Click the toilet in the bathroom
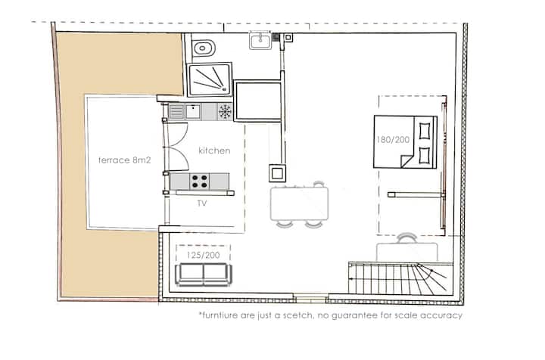tap(204, 47)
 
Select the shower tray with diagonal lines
tap(210, 79)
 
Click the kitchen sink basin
tap(193, 111)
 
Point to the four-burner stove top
tap(200, 182)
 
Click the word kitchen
tap(214, 151)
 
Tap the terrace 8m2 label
tap(124, 160)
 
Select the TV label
tap(202, 203)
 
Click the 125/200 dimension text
tap(204, 256)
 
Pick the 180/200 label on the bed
tap(393, 140)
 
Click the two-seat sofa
tap(204, 275)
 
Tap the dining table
tap(299, 203)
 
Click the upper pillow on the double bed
tap(425, 132)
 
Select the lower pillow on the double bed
tap(425, 155)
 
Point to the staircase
tap(400, 278)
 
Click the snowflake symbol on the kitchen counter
tap(225, 111)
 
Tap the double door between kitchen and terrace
tap(176, 147)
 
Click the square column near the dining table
tap(277, 173)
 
